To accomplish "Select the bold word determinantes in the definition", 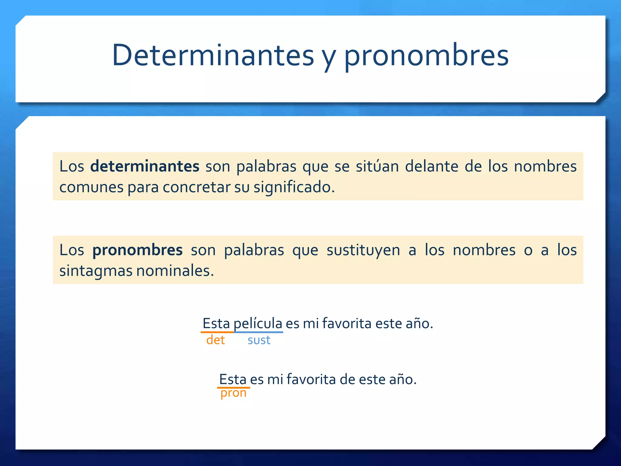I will coord(145,166).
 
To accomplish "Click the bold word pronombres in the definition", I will coord(137,250).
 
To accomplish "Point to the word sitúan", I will coord(377,166).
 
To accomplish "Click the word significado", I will coord(294,187).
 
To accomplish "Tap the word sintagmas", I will coord(96,271).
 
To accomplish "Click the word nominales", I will coord(175,270).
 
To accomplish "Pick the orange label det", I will coord(215,340).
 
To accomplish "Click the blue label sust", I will coord(259,340).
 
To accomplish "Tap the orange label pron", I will coord(233,393).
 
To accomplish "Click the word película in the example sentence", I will coord(258,323).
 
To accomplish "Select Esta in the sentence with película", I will coord(216,323).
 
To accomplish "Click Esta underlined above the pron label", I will coord(233,379).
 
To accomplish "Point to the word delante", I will coord(431,166).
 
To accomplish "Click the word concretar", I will coord(196,187).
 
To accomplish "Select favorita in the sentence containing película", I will coord(347,323).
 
